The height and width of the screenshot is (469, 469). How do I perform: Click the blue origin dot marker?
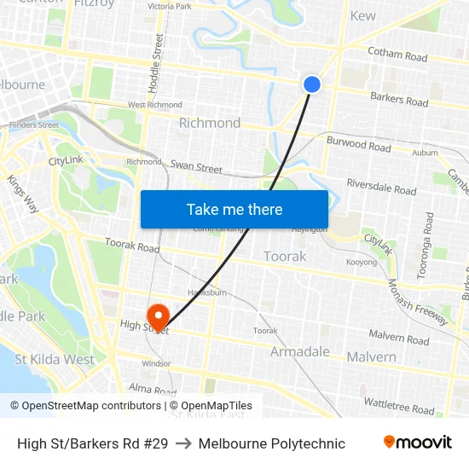pyautogui.click(x=312, y=84)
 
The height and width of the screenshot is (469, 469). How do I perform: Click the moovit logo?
pyautogui.click(x=417, y=443)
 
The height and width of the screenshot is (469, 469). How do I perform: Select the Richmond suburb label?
pyautogui.click(x=209, y=123)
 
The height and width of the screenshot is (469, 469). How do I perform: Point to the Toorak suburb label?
pyautogui.click(x=284, y=256)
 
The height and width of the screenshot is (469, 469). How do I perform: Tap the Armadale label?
pyautogui.click(x=299, y=351)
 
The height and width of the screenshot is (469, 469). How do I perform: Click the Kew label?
pyautogui.click(x=362, y=15)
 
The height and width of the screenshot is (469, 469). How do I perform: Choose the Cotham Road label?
pyautogui.click(x=397, y=55)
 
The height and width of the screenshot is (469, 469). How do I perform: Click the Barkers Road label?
pyautogui.click(x=398, y=99)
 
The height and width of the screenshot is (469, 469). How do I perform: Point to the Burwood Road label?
pyautogui.click(x=358, y=145)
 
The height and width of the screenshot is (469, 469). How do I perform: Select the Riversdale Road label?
pyautogui.click(x=381, y=188)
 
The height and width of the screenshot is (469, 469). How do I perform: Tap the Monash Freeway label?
pyautogui.click(x=417, y=303)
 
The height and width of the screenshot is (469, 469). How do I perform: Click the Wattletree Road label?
pyautogui.click(x=398, y=404)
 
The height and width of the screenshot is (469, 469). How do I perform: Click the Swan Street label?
pyautogui.click(x=196, y=167)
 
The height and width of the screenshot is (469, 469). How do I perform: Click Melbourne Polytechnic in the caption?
pyautogui.click(x=271, y=443)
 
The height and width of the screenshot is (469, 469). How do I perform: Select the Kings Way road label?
pyautogui.click(x=22, y=194)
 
